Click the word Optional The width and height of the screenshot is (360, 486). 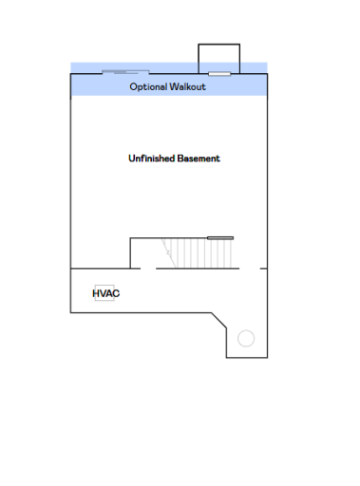pyautogui.click(x=148, y=87)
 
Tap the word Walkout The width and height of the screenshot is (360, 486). pyautogui.click(x=187, y=86)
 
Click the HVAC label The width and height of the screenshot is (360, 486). pyautogui.click(x=106, y=293)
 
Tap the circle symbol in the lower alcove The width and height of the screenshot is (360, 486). pyautogui.click(x=246, y=338)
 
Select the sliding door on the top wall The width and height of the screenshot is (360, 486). pyautogui.click(x=125, y=72)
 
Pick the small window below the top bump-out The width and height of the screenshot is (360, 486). pyautogui.click(x=219, y=74)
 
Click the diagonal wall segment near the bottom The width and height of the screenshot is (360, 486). pyautogui.click(x=218, y=320)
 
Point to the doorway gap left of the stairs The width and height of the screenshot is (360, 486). pyautogui.click(x=148, y=269)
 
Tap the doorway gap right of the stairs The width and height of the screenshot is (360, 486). pyautogui.click(x=250, y=269)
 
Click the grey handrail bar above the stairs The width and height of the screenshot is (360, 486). pyautogui.click(x=220, y=238)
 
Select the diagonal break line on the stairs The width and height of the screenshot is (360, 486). pyautogui.click(x=168, y=253)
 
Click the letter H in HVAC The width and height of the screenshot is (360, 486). pyautogui.click(x=96, y=293)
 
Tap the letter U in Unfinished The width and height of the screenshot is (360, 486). pyautogui.click(x=132, y=159)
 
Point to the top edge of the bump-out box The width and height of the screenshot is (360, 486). pyautogui.click(x=219, y=45)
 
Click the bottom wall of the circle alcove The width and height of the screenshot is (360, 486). pyautogui.click(x=247, y=358)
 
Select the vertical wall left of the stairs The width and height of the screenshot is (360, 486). pyautogui.click(x=130, y=253)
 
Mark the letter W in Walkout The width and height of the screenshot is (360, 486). pyautogui.click(x=174, y=86)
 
